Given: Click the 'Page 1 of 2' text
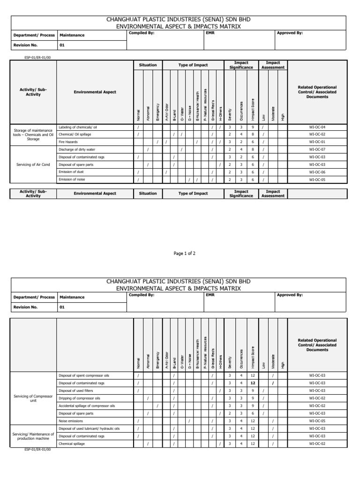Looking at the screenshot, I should click(x=184, y=253).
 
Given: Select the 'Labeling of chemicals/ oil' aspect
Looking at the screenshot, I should click(x=77, y=127).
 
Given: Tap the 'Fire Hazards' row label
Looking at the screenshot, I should click(x=68, y=142).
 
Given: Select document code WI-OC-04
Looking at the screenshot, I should click(x=317, y=127).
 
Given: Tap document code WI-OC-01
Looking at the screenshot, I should click(x=317, y=142).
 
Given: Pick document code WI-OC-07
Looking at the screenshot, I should click(x=317, y=150).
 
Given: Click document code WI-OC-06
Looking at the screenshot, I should click(x=317, y=172).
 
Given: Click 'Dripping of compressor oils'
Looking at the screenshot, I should click(x=79, y=398).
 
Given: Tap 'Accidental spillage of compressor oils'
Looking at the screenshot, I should click(x=86, y=406).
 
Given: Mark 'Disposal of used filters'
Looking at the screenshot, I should click(x=76, y=390).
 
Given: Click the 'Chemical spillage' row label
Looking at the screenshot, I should click(x=72, y=443).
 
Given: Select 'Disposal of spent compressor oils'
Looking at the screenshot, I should click(x=83, y=375).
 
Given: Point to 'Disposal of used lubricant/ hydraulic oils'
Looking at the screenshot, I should click(x=89, y=428).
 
